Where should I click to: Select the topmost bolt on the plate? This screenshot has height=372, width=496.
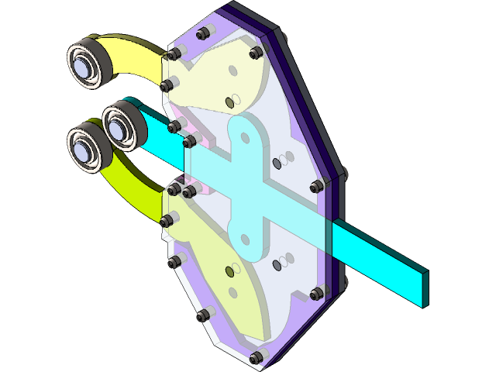pyautogui.click(x=204, y=33)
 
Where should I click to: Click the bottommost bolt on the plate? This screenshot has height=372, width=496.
pyautogui.click(x=256, y=357)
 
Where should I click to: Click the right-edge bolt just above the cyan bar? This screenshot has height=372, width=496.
pyautogui.click(x=316, y=186)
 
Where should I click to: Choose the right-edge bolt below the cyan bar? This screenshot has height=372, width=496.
pyautogui.click(x=316, y=294)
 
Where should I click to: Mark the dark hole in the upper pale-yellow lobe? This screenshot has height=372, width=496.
pyautogui.click(x=229, y=102)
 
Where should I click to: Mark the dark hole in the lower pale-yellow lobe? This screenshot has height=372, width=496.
pyautogui.click(x=229, y=270)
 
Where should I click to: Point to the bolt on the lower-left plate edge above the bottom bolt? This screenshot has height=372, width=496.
pyautogui.click(x=204, y=315)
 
